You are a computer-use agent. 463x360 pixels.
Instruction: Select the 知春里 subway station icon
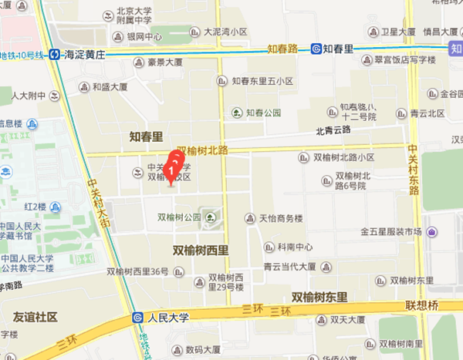(316, 49)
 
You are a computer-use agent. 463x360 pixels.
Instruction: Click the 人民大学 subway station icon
(137, 316)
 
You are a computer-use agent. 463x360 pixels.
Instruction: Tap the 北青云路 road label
(333, 131)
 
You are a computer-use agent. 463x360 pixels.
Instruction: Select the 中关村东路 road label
(414, 170)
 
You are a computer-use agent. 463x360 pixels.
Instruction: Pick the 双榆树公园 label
(178, 217)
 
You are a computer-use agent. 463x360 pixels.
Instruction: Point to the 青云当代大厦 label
(289, 266)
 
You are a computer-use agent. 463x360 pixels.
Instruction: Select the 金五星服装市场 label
(390, 231)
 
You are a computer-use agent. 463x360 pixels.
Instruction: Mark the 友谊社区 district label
(35, 317)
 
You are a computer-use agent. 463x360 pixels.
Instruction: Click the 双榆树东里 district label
(319, 296)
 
